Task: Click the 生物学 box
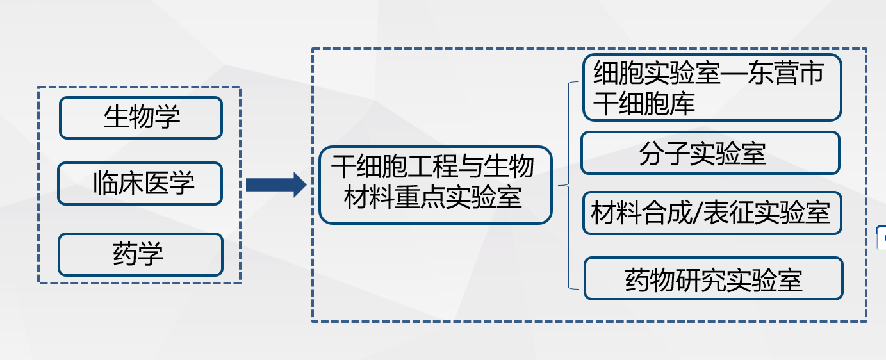(x=141, y=118)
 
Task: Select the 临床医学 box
(x=140, y=184)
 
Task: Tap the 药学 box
(x=141, y=254)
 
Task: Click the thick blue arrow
(x=276, y=184)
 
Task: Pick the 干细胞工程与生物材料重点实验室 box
(x=436, y=185)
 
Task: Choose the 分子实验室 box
(x=710, y=153)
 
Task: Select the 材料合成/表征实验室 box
(x=712, y=213)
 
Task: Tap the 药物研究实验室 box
(x=714, y=279)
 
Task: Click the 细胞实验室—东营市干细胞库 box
(x=712, y=87)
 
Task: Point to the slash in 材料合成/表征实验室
(x=697, y=213)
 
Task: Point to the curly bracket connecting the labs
(x=568, y=185)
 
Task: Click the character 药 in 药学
(x=125, y=254)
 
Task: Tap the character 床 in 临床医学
(x=131, y=183)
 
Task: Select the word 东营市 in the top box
(x=785, y=73)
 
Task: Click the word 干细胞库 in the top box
(x=644, y=104)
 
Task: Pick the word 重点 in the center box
(x=420, y=197)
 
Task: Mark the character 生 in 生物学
(x=117, y=117)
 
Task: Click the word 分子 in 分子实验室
(x=664, y=154)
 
